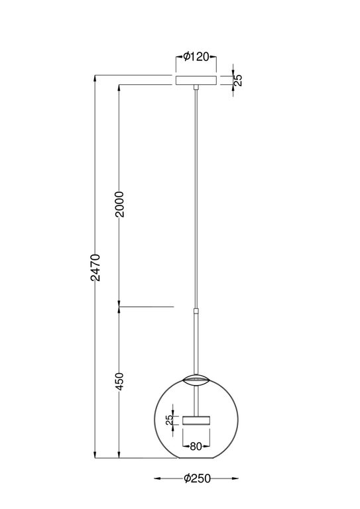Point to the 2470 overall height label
coord(95,267)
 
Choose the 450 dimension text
coord(119,381)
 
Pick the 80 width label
coord(196,446)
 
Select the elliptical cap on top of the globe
coord(196,379)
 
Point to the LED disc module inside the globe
coord(196,420)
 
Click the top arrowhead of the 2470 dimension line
coord(95,78)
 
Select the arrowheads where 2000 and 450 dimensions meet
coord(119,307)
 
